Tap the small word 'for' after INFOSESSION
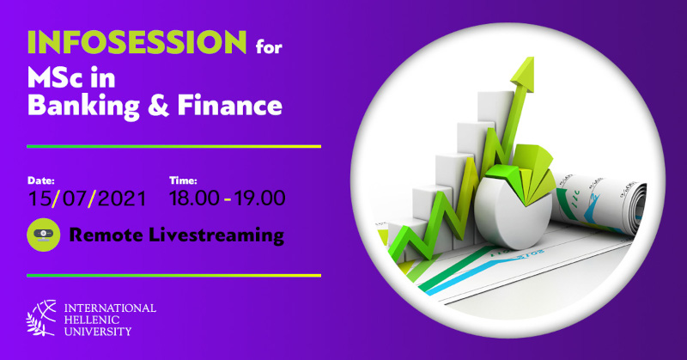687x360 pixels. tap(269, 46)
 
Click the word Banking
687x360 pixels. tap(83, 107)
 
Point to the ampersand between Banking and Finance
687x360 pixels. tap(158, 107)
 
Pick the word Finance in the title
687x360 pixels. tap(230, 106)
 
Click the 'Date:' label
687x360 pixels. tap(41, 180)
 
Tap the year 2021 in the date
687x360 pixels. tap(121, 198)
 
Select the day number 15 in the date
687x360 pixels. tap(40, 198)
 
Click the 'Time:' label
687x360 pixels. tap(183, 180)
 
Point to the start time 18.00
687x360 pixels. tap(194, 198)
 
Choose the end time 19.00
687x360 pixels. tap(260, 198)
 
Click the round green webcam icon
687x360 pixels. tap(44, 235)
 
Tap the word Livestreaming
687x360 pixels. tap(216, 235)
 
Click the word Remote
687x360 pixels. tap(106, 235)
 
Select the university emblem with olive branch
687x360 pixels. tap(41, 318)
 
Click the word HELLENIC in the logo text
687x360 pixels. tap(92, 320)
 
